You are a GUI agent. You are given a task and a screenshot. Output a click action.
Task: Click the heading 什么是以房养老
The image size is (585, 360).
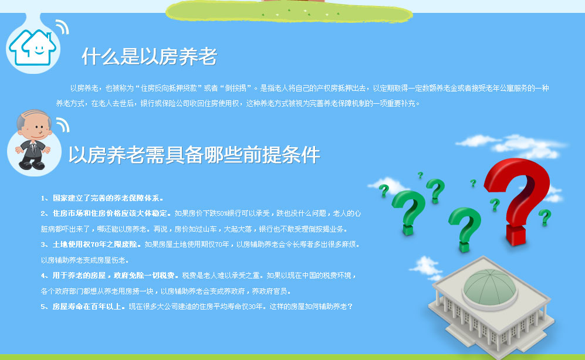(149, 57)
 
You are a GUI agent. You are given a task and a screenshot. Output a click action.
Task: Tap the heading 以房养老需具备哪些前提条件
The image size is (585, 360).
(194, 155)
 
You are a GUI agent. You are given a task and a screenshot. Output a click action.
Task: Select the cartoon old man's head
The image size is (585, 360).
(34, 125)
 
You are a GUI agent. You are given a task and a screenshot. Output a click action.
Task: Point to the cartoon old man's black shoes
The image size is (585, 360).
(32, 164)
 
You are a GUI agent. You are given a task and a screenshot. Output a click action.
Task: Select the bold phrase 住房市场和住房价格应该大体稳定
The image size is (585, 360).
(110, 213)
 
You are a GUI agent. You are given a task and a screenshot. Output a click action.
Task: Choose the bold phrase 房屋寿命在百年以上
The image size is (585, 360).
(87, 307)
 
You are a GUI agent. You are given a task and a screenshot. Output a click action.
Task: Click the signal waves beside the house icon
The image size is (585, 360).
(63, 27)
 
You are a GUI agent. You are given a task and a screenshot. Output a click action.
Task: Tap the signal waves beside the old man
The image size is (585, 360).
(63, 125)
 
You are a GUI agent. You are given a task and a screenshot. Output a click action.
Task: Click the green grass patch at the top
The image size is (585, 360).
(289, 11)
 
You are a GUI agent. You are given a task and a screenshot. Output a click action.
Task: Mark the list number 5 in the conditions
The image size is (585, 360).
(43, 307)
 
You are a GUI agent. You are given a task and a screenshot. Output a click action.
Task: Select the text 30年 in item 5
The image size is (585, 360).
(256, 307)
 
